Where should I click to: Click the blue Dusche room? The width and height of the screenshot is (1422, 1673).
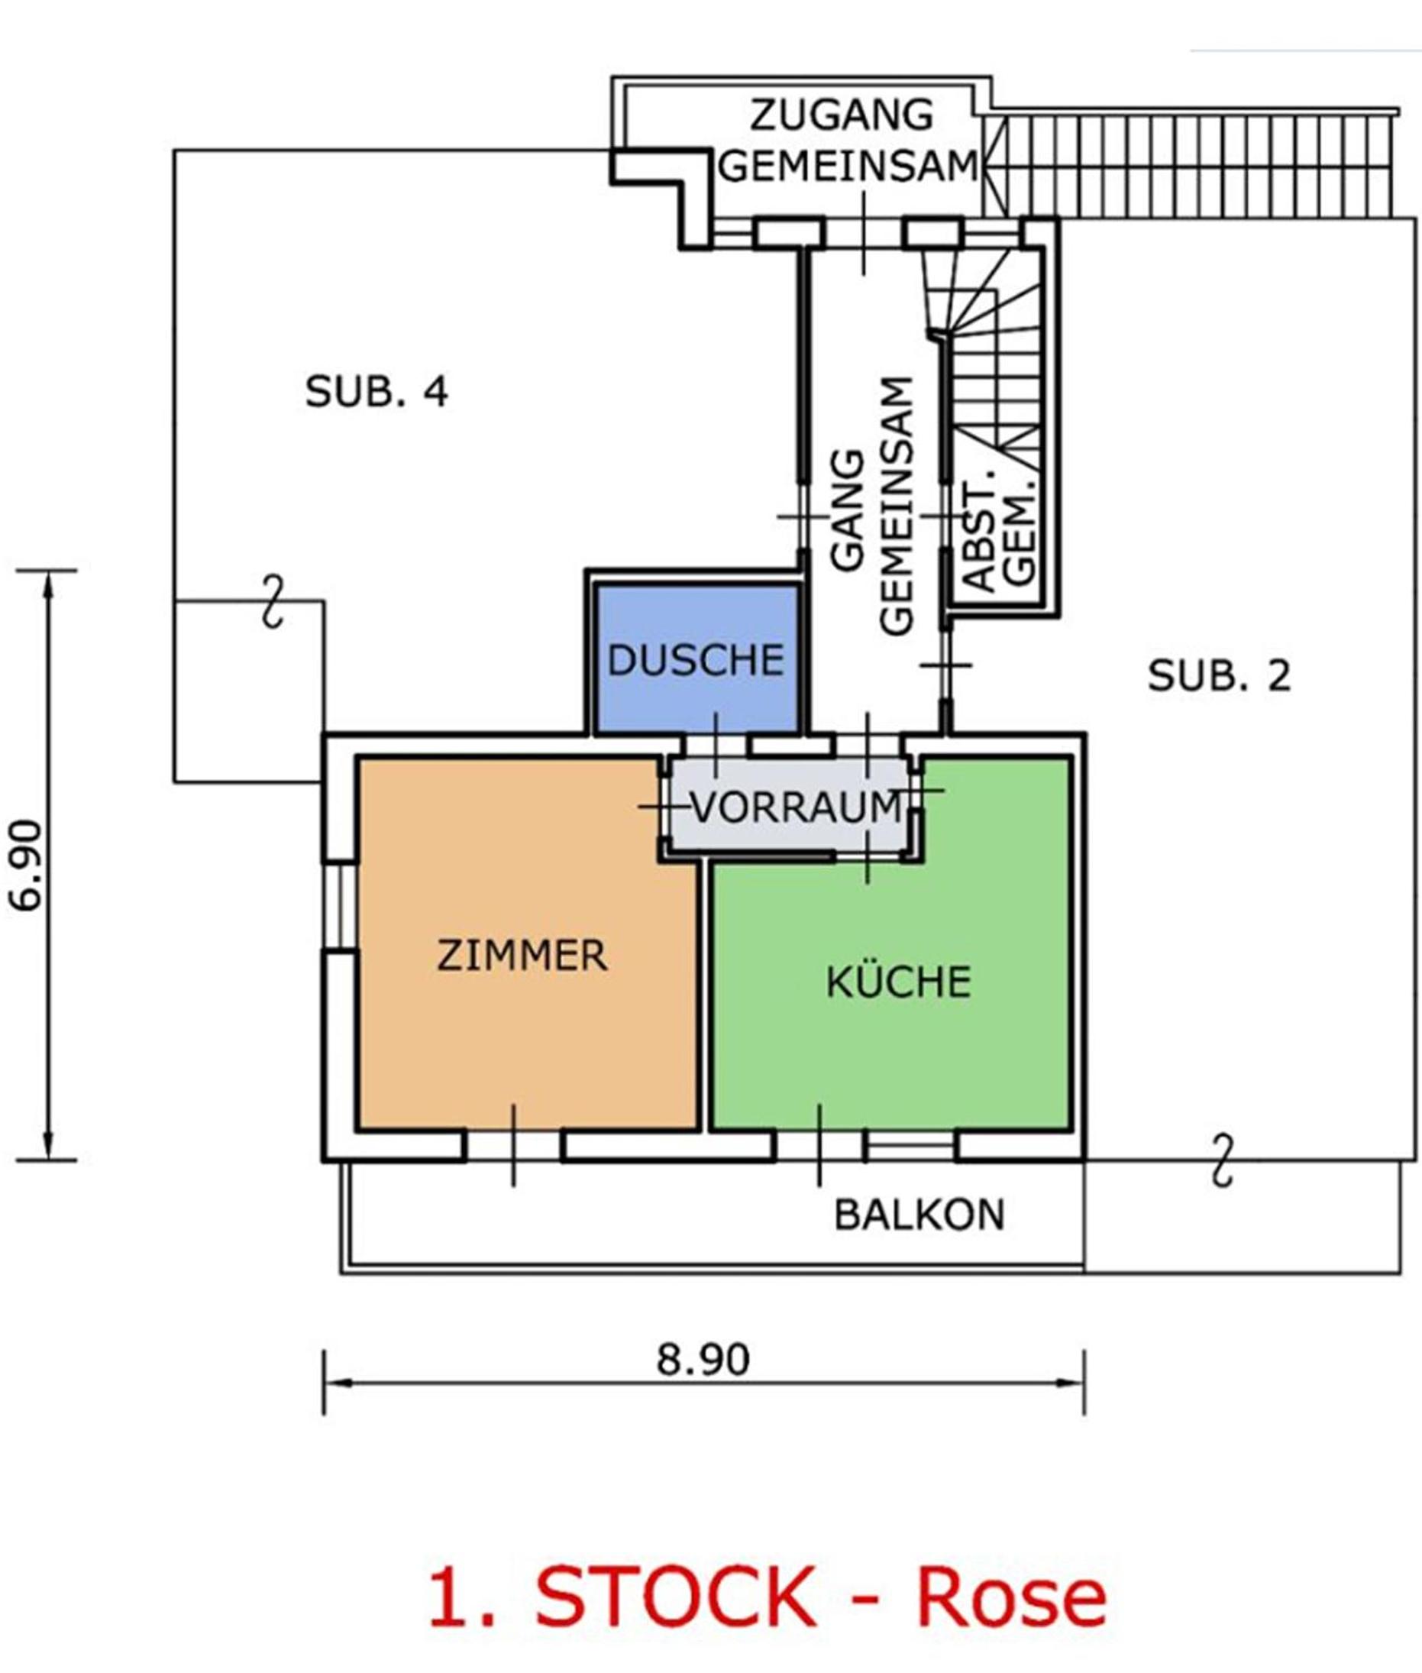[x=697, y=659]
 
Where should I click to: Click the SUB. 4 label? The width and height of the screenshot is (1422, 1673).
[x=377, y=392]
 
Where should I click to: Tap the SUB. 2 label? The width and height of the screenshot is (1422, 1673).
[x=1219, y=675]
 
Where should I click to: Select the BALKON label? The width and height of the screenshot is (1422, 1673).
[x=919, y=1214]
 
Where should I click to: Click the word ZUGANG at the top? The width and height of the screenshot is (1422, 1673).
[x=842, y=115]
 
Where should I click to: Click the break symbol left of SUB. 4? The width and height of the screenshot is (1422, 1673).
[x=274, y=601]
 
